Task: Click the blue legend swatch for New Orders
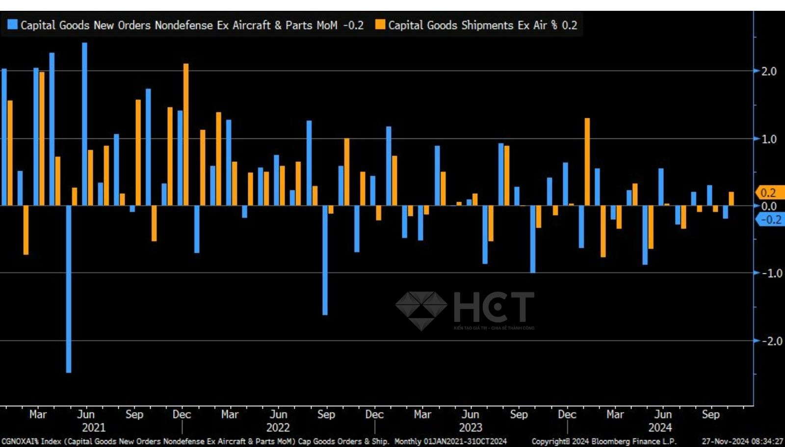pyautogui.click(x=12, y=25)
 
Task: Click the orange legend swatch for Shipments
pyautogui.click(x=380, y=25)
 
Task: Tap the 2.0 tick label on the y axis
pyautogui.click(x=769, y=72)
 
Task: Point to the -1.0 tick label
pyautogui.click(x=771, y=273)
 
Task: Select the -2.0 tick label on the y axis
pyautogui.click(x=771, y=341)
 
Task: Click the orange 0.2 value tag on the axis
pyautogui.click(x=769, y=193)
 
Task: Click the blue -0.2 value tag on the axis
pyautogui.click(x=770, y=220)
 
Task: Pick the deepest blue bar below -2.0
pyautogui.click(x=69, y=289)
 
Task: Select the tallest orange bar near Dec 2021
pyautogui.click(x=186, y=134)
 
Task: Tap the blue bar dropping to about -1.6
pyautogui.click(x=325, y=260)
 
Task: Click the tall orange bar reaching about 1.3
pyautogui.click(x=587, y=162)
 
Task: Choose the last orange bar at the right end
pyautogui.click(x=732, y=199)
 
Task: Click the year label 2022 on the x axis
pyautogui.click(x=278, y=428)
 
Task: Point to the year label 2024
pyautogui.click(x=660, y=428)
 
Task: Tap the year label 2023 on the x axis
pyautogui.click(x=470, y=428)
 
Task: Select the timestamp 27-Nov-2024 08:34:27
pyautogui.click(x=742, y=442)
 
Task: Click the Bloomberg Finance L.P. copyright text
pyautogui.click(x=603, y=442)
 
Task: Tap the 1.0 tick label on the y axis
pyautogui.click(x=769, y=139)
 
